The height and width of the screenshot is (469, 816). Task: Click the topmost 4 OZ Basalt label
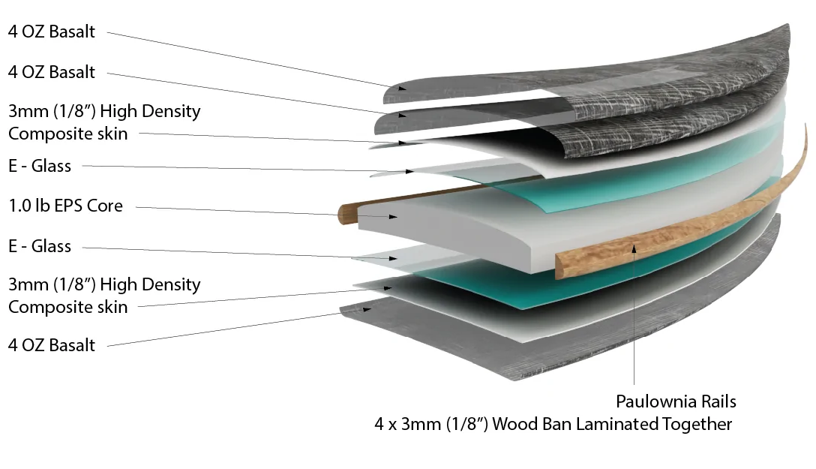coord(52,32)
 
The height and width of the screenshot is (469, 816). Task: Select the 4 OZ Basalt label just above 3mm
coord(52,72)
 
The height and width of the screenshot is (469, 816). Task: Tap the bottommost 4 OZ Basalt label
coord(52,345)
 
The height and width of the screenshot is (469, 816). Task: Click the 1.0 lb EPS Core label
coord(65,205)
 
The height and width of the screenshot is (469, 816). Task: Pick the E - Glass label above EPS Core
coord(40,166)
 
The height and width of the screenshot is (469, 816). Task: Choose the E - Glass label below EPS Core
coord(40,246)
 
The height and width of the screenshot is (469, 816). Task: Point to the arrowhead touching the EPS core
coord(394,217)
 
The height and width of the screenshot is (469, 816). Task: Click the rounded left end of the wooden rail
coord(346,215)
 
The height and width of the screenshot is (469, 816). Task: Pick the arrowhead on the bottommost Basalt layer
coord(367,308)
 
